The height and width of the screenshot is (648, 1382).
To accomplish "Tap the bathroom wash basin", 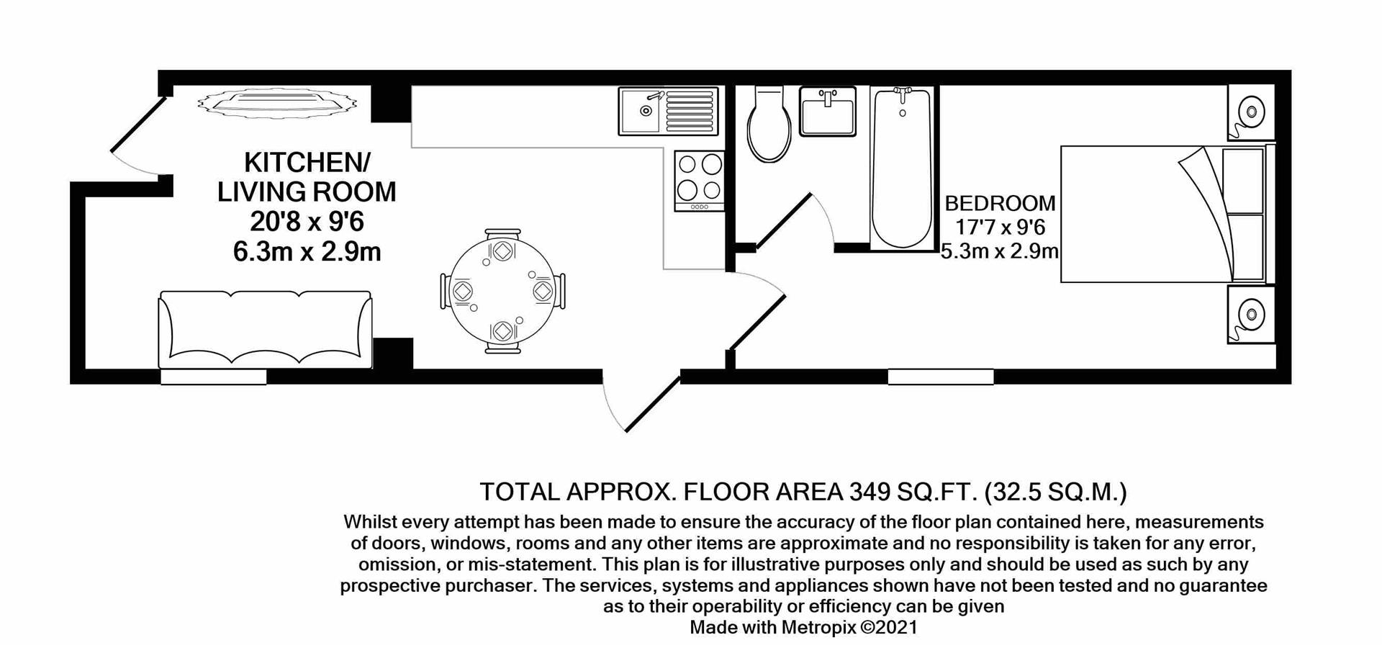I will (828, 112).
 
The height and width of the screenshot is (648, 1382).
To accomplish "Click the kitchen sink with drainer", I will (668, 112).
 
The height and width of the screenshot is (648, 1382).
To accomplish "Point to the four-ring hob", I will (699, 179).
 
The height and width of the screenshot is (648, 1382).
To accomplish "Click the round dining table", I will (502, 291).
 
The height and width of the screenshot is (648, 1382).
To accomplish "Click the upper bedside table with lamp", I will (1251, 112).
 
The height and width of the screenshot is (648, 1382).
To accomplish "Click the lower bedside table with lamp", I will (1251, 315).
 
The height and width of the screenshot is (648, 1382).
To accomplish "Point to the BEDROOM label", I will (1000, 203).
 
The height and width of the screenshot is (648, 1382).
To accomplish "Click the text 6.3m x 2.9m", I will (307, 252).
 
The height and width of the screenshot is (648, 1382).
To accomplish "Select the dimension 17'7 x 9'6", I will (1000, 228).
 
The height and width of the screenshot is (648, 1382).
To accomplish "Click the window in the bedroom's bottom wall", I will (940, 377).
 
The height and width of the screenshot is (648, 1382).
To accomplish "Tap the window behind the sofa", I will (213, 377).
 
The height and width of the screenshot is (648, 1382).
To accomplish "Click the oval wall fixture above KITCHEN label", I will (277, 102).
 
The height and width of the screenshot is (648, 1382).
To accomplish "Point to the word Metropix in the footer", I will (819, 627).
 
